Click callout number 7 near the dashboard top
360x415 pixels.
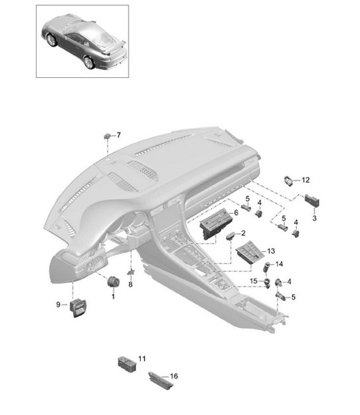tap(119, 135)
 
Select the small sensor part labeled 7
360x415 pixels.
tap(107, 136)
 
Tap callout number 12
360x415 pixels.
tap(305, 180)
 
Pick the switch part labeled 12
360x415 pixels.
tap(290, 179)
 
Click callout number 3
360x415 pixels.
tap(314, 217)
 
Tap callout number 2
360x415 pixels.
tap(243, 233)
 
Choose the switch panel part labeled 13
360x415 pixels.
tap(250, 252)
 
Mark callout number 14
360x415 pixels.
tap(279, 263)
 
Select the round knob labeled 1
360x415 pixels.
tap(112, 282)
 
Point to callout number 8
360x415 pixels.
tap(131, 285)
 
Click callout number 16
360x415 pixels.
tap(174, 376)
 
